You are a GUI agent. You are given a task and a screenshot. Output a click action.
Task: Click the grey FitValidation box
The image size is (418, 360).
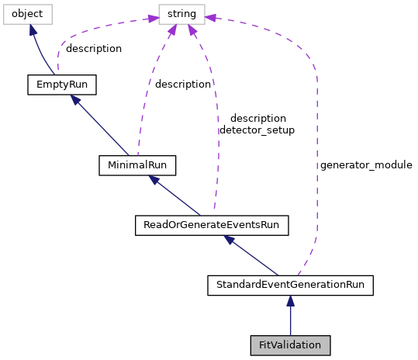(290, 345)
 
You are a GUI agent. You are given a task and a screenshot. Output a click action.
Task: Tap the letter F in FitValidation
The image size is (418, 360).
(261, 345)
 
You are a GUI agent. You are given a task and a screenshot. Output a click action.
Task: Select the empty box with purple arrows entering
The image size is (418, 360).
(181, 14)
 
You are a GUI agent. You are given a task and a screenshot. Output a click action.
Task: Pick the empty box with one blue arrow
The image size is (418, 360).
(28, 14)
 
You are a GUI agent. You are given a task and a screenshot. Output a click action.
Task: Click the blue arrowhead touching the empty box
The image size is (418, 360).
(33, 30)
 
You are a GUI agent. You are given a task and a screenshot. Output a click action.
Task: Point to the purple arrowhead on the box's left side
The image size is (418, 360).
(153, 18)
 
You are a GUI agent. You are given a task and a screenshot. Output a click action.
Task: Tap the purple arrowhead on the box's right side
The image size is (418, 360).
(211, 18)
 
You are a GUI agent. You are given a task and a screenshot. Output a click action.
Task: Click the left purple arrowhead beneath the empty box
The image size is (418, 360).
(172, 30)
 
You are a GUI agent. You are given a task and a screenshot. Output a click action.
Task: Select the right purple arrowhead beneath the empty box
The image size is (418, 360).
(192, 30)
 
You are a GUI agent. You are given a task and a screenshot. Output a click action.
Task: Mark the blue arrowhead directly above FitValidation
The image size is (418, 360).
(290, 301)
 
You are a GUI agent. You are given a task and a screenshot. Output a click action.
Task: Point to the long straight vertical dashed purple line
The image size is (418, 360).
(317, 155)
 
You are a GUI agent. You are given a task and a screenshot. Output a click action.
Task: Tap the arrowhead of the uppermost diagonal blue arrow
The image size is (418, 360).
(74, 99)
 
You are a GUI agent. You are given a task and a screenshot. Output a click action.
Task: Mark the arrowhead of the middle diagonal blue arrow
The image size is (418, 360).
(154, 180)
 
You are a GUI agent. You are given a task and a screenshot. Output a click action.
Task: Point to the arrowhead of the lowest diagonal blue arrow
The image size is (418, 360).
(229, 240)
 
